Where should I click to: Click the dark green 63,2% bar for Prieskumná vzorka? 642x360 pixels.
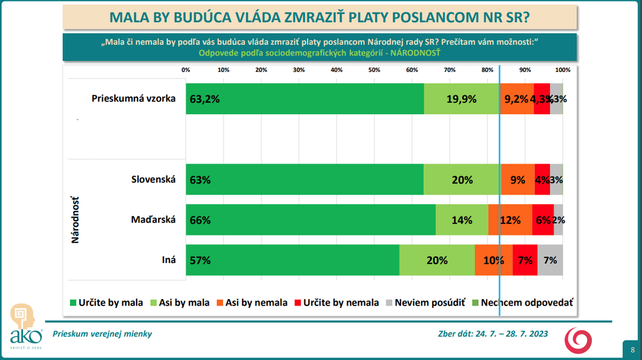pyautogui.click(x=305, y=99)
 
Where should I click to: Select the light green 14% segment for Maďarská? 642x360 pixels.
pyautogui.click(x=462, y=220)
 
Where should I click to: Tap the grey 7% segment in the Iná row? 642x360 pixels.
pyautogui.click(x=550, y=261)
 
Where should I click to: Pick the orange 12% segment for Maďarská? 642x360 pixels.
pyautogui.click(x=510, y=220)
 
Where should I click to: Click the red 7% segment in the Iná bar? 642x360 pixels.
pyautogui.click(x=525, y=261)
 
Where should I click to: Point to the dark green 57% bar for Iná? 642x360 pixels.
pyautogui.click(x=293, y=261)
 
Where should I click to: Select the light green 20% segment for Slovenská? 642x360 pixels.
pyautogui.click(x=462, y=180)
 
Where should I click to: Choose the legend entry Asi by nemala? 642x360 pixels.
pyautogui.click(x=251, y=302)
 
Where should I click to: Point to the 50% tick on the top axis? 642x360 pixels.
pyautogui.click(x=374, y=69)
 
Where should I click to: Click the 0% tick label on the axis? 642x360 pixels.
pyautogui.click(x=186, y=69)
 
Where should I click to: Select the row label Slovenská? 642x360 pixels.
pyautogui.click(x=153, y=180)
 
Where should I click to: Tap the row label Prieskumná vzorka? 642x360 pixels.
pyautogui.click(x=133, y=99)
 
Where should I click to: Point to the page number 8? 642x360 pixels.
pyautogui.click(x=632, y=349)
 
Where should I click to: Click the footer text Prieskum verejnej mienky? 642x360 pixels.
pyautogui.click(x=102, y=334)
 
